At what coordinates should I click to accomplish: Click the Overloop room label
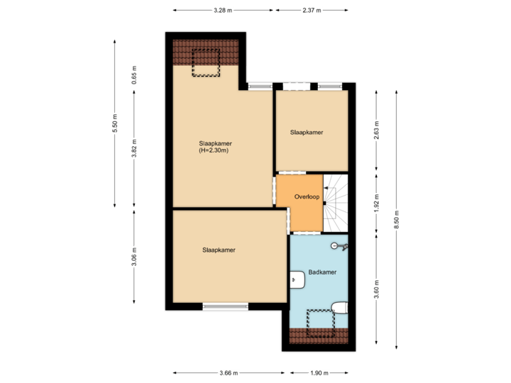[x=307, y=196]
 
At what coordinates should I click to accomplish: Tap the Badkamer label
[x=322, y=272]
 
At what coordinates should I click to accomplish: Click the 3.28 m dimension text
[x=224, y=11]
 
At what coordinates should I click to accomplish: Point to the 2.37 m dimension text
[x=312, y=11]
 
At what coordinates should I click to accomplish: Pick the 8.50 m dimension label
[x=397, y=214]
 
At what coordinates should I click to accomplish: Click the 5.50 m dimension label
[x=115, y=123]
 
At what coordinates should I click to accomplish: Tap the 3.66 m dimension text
[x=229, y=372]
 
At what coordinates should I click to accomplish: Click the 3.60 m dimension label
[x=376, y=291]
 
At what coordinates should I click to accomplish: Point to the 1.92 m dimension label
[x=376, y=202]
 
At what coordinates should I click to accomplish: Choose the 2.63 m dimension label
[x=376, y=132]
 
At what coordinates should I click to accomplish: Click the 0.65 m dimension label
[x=133, y=74]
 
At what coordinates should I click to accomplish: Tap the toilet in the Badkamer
[x=340, y=307]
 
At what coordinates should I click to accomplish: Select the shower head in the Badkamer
[x=339, y=247]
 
